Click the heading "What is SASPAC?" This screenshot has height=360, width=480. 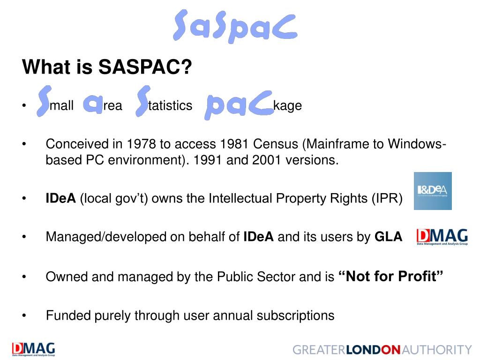click(107, 67)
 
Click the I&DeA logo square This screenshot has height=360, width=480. click(433, 191)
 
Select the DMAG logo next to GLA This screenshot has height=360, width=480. click(442, 237)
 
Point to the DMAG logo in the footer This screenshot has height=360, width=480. click(33, 349)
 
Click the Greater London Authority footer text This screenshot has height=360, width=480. click(382, 350)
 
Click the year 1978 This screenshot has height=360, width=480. click(143, 144)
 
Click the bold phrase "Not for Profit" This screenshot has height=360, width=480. click(390, 277)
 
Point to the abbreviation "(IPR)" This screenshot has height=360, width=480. click(387, 199)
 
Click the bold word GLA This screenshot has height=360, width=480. click(388, 237)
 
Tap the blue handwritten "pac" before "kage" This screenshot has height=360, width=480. click(239, 106)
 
